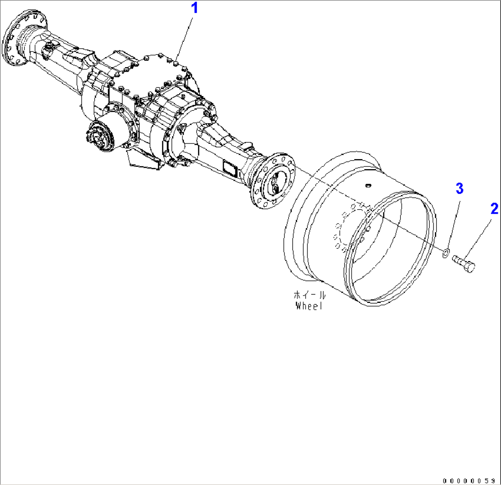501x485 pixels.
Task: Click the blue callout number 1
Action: point(195,8)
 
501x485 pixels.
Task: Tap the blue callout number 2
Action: point(494,209)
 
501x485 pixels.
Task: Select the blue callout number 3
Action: point(459,188)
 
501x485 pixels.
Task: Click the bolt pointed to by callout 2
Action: point(464,263)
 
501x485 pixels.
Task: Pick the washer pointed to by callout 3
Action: point(445,252)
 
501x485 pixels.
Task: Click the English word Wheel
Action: point(309,306)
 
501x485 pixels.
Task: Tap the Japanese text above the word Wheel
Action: point(309,295)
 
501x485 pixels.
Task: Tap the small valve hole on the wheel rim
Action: point(367,186)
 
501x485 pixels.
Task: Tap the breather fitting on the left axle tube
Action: point(49,49)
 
